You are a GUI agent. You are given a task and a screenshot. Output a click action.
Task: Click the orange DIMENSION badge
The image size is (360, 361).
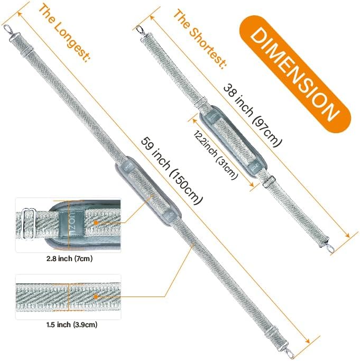[x=296, y=74]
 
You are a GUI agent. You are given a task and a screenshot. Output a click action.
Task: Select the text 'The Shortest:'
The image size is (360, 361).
[x=200, y=39]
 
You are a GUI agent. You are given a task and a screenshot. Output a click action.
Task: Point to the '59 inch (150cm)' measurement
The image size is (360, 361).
[x=172, y=171]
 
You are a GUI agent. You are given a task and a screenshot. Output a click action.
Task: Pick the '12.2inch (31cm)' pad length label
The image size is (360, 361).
[x=215, y=155]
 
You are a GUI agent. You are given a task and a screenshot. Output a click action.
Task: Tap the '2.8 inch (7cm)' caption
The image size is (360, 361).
[x=69, y=259]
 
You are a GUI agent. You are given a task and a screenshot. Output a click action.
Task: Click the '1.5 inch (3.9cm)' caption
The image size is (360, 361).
[x=72, y=325]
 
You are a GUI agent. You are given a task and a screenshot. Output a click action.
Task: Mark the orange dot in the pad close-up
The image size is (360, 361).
[x=96, y=223]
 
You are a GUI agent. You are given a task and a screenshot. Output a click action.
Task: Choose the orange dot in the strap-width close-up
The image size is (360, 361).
[x=96, y=297]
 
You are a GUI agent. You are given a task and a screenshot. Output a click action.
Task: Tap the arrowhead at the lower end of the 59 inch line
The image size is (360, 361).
[x=307, y=341]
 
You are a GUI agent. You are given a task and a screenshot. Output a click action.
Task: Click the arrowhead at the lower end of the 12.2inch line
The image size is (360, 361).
[x=252, y=184]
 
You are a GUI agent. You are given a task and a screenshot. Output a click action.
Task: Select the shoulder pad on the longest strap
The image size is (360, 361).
[x=149, y=191]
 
